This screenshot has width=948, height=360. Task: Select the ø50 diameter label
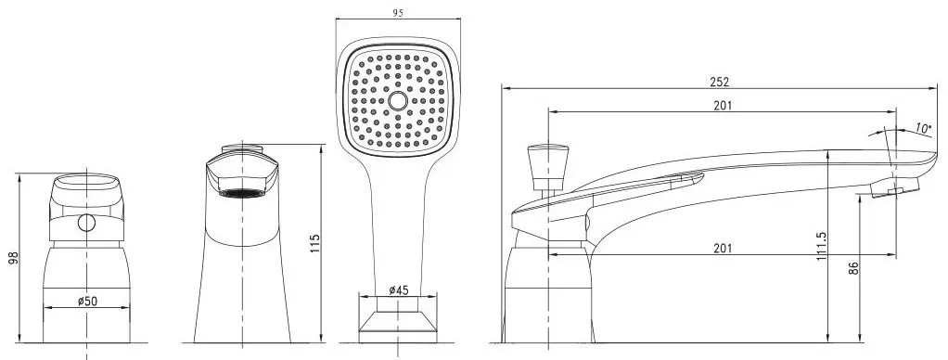pos(88,301)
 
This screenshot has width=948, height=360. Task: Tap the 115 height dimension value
pos(314,244)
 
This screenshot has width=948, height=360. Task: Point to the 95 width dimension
pos(397,13)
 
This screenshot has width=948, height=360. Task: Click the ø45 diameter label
pos(399,289)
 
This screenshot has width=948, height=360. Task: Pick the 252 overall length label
pos(721,82)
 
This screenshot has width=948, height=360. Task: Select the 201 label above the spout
pos(722,105)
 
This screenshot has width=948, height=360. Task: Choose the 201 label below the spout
pos(722,248)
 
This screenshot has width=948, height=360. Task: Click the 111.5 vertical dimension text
pos(820,246)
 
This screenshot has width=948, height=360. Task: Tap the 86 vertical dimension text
pos(853,268)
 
